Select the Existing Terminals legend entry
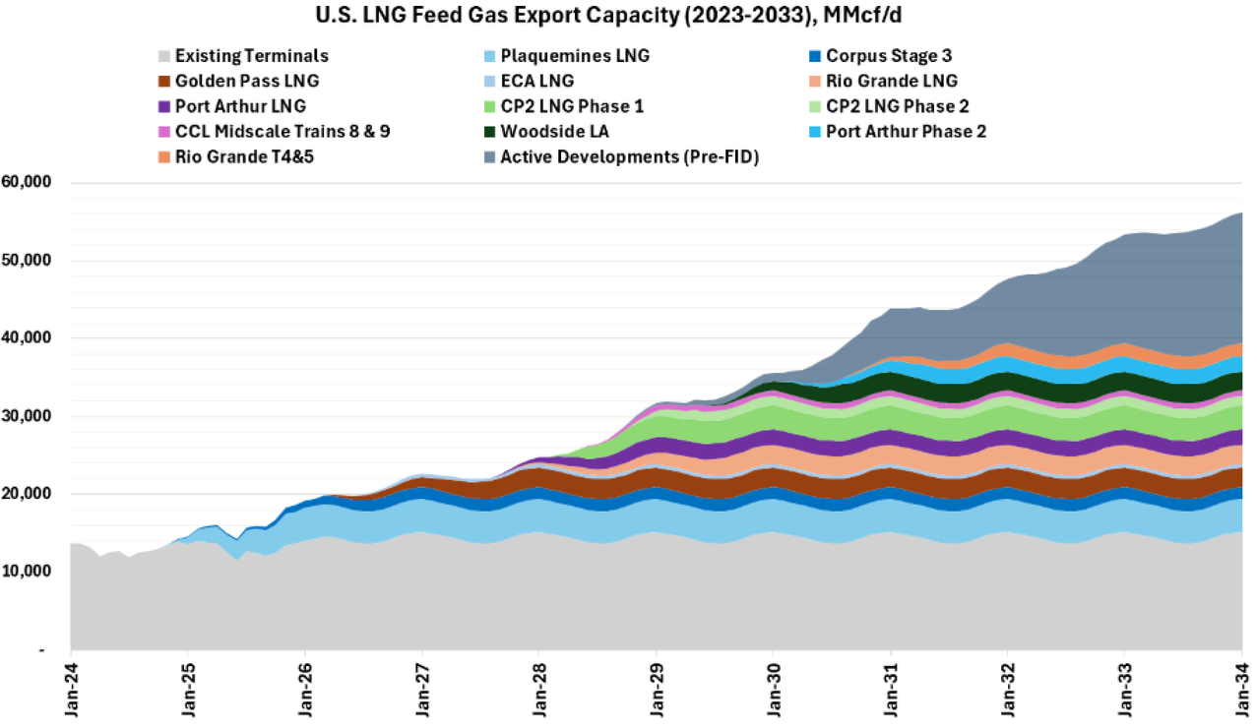point(251,56)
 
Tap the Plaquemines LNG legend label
point(575,56)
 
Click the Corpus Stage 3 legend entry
point(889,56)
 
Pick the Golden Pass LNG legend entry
point(246,81)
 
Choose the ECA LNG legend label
point(536,81)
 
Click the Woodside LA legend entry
point(555,131)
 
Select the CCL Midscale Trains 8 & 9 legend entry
point(282,131)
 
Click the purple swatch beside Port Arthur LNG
point(163,106)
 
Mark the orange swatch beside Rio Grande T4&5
point(163,156)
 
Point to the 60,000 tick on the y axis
point(31,183)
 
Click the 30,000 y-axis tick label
point(31,416)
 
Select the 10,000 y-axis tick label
point(31,572)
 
